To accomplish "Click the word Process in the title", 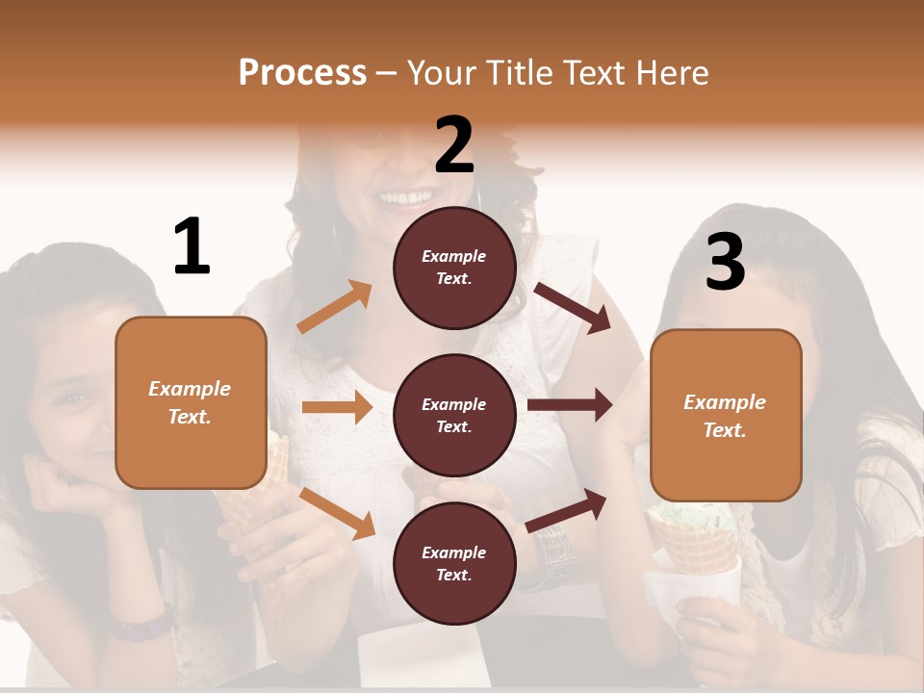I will pyautogui.click(x=302, y=72).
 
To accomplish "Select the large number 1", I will pyautogui.click(x=192, y=246).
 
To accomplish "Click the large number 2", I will pyautogui.click(x=454, y=145).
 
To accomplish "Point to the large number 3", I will pyautogui.click(x=725, y=262).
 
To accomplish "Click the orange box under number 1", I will pyautogui.click(x=191, y=402).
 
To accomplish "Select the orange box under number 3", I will pyautogui.click(x=726, y=415).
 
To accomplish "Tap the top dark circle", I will pyautogui.click(x=454, y=268).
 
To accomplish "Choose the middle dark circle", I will pyautogui.click(x=454, y=415).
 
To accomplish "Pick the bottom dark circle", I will pyautogui.click(x=454, y=563).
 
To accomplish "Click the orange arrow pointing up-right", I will pyautogui.click(x=335, y=307).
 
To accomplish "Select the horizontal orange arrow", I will pyautogui.click(x=337, y=407).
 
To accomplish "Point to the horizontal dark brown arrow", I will pyautogui.click(x=570, y=405).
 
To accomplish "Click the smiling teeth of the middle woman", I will pyautogui.click(x=406, y=198).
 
